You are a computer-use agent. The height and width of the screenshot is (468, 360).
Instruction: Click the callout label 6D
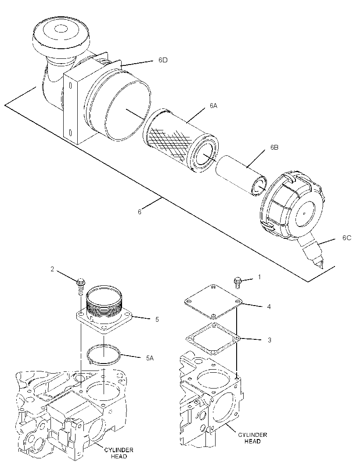click(x=163, y=60)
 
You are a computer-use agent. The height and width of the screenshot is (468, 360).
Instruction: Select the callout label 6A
click(x=213, y=106)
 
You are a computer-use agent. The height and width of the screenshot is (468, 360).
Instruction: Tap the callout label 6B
click(x=274, y=148)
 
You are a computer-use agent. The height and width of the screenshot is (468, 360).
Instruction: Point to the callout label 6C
click(x=347, y=238)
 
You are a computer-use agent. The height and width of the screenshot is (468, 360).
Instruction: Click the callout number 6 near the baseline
click(x=140, y=212)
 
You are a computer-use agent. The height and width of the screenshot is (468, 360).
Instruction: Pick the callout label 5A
click(x=150, y=358)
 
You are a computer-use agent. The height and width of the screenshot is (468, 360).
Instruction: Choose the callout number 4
click(x=269, y=306)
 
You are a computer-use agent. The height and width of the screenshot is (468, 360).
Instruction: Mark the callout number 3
click(x=270, y=340)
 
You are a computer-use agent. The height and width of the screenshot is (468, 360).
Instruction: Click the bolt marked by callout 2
click(x=81, y=286)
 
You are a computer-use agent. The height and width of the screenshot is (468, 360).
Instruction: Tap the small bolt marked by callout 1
click(x=238, y=282)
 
